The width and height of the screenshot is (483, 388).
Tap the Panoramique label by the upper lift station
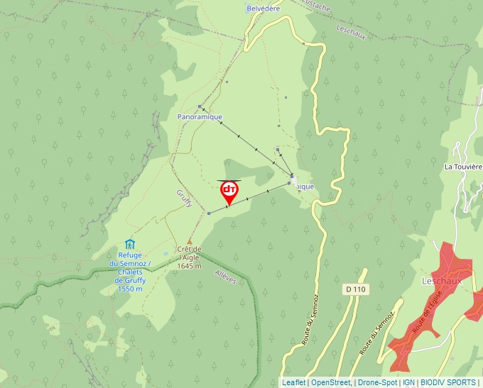pos(200,116)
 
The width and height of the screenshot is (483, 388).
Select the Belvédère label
pos(263,8)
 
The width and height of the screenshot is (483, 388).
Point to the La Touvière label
pos(462,167)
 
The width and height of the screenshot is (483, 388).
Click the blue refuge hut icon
pos(129,245)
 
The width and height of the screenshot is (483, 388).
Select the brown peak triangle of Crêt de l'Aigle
pos(189,241)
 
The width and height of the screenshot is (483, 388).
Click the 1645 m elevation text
pos(190,267)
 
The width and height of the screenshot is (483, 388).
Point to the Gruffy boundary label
pos(184,199)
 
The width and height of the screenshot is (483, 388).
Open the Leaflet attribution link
pos(293,382)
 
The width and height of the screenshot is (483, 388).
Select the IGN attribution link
pos(408,382)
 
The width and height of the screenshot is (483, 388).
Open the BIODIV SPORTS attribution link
pos(448,382)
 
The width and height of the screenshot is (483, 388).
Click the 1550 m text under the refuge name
pos(130,289)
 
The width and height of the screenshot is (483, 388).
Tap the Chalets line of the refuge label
pos(129,272)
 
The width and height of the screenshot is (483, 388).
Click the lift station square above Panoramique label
pos(200,107)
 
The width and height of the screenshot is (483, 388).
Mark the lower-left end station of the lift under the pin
pos(208,213)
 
